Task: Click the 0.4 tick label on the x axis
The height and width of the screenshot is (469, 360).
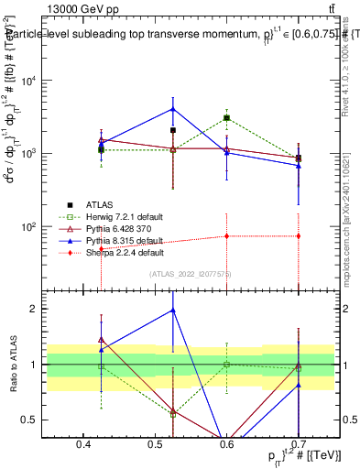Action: (84, 445)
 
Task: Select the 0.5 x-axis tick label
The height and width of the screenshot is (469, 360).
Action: (156, 445)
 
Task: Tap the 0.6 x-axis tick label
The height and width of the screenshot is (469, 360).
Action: (227, 445)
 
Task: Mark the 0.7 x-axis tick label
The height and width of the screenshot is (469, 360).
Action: (299, 445)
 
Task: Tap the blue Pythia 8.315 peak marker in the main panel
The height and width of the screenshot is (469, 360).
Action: (173, 109)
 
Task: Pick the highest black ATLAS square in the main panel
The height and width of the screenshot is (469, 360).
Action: (226, 117)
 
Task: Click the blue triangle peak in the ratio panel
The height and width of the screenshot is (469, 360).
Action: (173, 311)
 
